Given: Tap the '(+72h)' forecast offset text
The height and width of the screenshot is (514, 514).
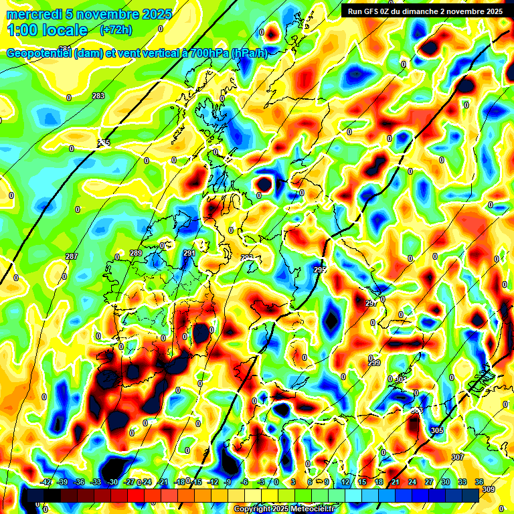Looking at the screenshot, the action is (x=116, y=29).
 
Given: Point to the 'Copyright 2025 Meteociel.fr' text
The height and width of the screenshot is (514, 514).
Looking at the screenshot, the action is (x=284, y=509).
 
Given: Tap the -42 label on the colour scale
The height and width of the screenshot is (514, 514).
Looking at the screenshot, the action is (x=46, y=482).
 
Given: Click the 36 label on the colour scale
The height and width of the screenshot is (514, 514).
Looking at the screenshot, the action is (x=479, y=482).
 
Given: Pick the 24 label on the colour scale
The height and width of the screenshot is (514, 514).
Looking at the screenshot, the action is (x=412, y=482).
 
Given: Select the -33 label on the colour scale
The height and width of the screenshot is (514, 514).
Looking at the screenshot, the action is (x=96, y=482).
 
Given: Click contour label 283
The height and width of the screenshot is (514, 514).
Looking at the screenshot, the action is (x=98, y=96).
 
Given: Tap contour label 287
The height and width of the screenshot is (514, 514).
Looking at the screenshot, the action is (x=72, y=257).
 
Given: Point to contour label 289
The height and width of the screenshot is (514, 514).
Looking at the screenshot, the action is (x=136, y=253).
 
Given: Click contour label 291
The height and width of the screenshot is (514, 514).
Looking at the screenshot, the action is (x=189, y=253).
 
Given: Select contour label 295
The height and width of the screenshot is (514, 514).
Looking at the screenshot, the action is (x=319, y=269).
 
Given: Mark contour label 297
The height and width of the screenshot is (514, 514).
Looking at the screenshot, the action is (x=371, y=303).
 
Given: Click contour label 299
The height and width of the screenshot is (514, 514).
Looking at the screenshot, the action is (x=374, y=363).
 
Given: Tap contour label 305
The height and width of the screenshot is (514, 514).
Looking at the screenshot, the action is (x=437, y=430).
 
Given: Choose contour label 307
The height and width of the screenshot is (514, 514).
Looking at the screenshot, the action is (x=458, y=457).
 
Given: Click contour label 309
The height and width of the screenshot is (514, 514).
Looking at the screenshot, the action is (x=488, y=490).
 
